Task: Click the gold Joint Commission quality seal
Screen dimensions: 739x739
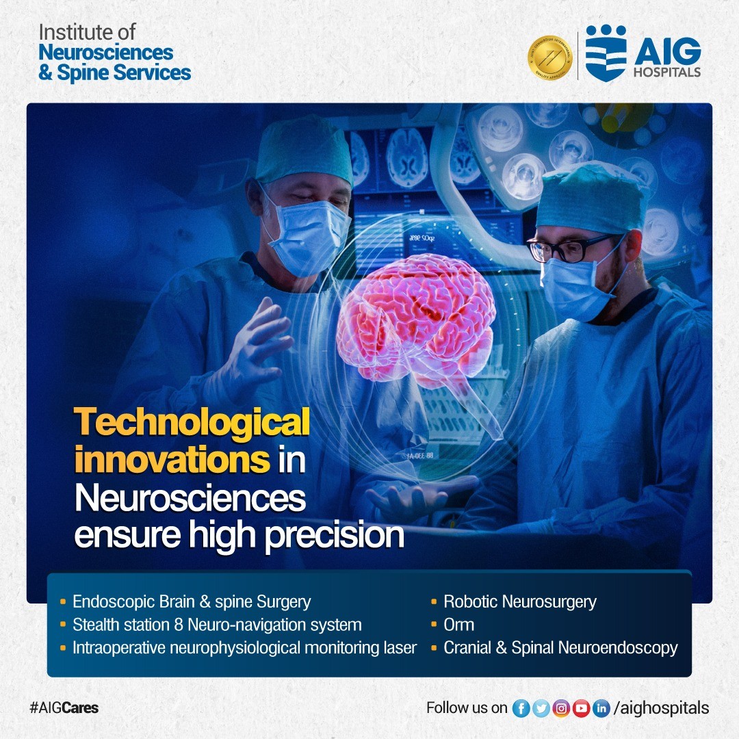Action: (x=549, y=57)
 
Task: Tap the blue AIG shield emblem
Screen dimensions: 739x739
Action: (x=606, y=53)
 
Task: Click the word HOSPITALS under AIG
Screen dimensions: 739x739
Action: (x=667, y=72)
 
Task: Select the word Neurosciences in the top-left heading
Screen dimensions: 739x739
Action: (x=106, y=52)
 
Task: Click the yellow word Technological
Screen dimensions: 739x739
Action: (x=192, y=422)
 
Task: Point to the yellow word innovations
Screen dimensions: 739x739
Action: (x=172, y=460)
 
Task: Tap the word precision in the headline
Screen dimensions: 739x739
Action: (x=334, y=535)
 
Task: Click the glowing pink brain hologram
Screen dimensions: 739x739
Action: (x=417, y=325)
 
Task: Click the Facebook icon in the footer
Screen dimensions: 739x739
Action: (x=521, y=708)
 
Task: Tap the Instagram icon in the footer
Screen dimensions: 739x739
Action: (x=561, y=708)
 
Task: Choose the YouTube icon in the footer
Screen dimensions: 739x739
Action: (x=581, y=708)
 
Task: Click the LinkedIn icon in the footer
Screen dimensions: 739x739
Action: (x=601, y=708)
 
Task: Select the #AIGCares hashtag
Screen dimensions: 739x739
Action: (x=64, y=708)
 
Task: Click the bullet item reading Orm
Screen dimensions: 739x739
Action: (x=458, y=625)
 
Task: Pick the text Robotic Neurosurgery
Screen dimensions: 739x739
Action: (x=520, y=602)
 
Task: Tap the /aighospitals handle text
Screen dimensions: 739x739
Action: (x=661, y=708)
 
